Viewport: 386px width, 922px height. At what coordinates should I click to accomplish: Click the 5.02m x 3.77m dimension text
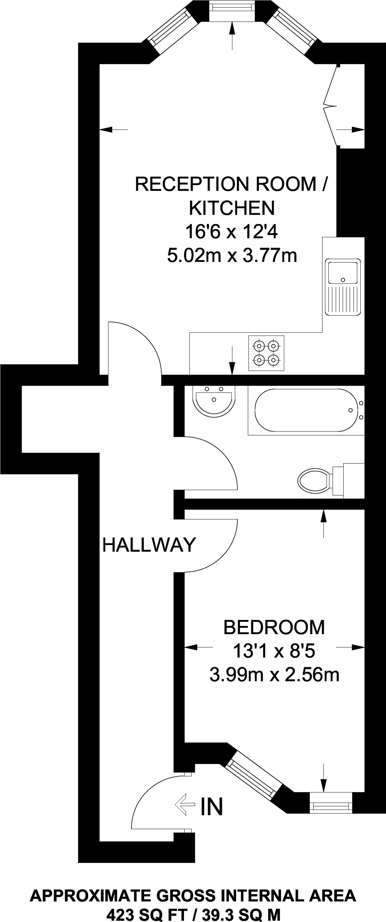232,255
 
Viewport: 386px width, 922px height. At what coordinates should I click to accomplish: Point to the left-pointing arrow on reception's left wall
114,130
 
